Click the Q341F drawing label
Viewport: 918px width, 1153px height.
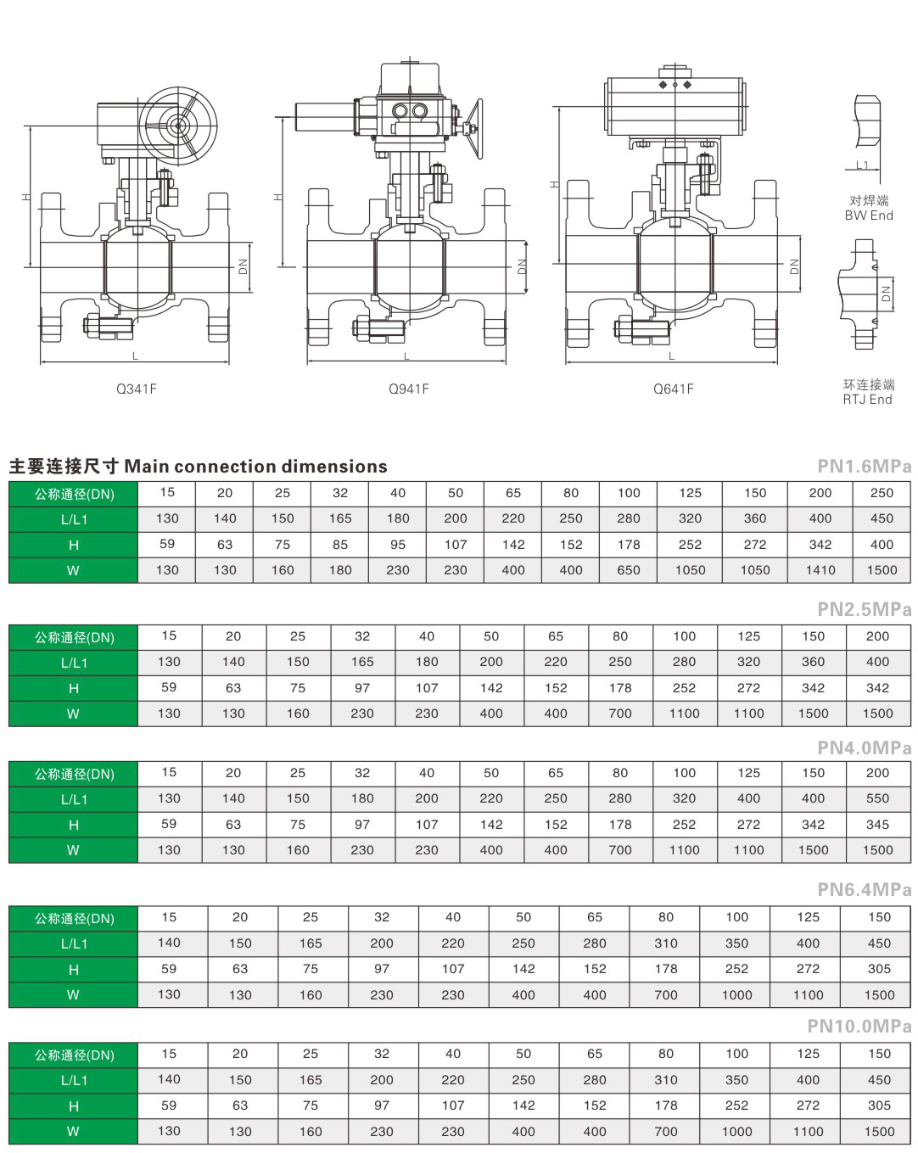(x=137, y=389)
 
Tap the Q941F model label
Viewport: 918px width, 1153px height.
(x=409, y=389)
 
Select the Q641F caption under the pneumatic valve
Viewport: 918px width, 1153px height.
(x=674, y=389)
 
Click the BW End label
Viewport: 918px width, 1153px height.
(x=869, y=215)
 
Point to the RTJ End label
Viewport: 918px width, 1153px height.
(x=868, y=399)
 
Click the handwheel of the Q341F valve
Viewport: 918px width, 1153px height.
(x=178, y=126)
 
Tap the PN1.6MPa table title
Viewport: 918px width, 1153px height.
(x=865, y=466)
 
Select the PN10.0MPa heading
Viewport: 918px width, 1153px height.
(x=859, y=1026)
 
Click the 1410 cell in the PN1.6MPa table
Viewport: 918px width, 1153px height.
(x=820, y=570)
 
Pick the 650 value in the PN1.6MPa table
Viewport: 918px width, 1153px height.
(x=629, y=570)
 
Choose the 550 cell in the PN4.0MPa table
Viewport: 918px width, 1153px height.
(x=878, y=798)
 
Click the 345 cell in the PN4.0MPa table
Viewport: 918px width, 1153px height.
(x=878, y=825)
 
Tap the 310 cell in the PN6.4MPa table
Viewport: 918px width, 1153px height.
(x=666, y=943)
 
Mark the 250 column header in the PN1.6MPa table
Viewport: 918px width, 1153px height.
(x=882, y=493)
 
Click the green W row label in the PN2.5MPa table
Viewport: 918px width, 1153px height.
(x=74, y=714)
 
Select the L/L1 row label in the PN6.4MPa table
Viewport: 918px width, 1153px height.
(x=74, y=943)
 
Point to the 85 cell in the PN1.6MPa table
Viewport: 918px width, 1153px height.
(x=340, y=545)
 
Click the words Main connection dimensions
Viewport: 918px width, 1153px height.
(x=256, y=466)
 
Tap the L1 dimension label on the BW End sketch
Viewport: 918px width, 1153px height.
(x=862, y=165)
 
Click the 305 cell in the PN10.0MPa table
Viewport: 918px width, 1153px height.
(x=880, y=1105)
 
